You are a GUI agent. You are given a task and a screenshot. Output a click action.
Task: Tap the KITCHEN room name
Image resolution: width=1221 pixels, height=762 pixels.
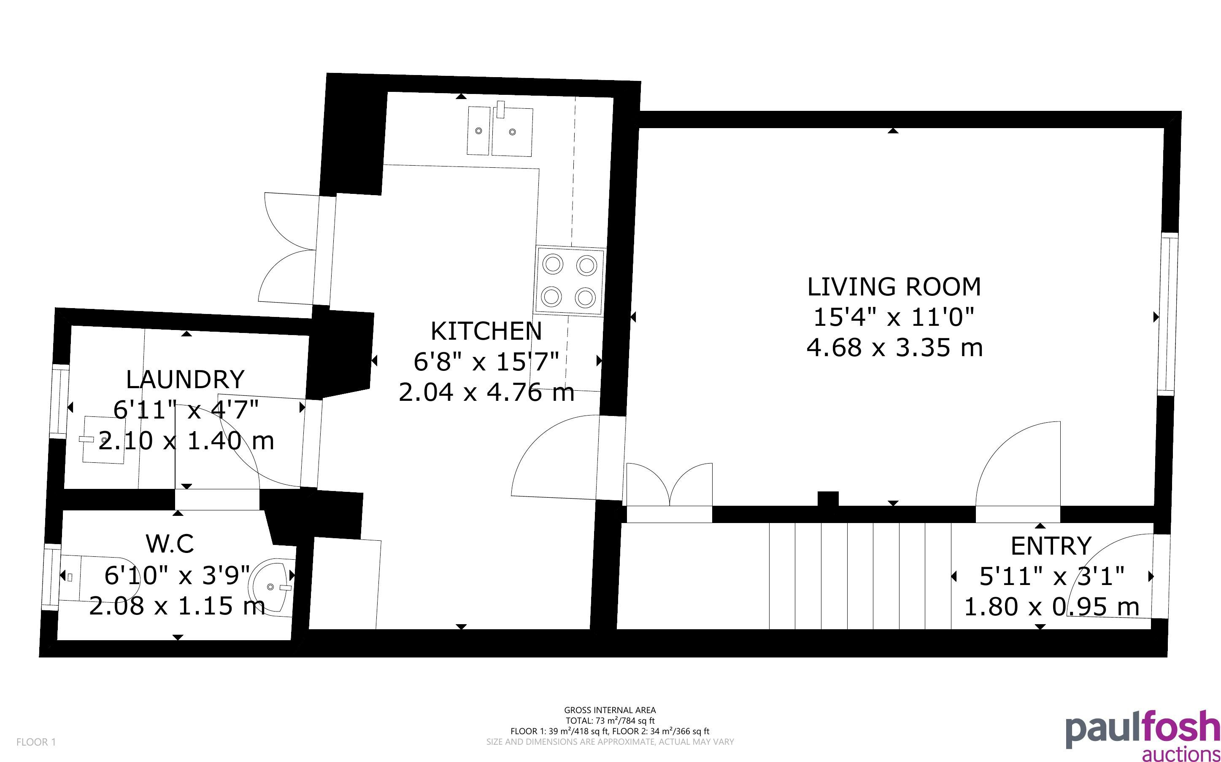pyautogui.click(x=486, y=331)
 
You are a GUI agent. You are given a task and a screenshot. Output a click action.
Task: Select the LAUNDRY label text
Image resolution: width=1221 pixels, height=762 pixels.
pyautogui.click(x=185, y=379)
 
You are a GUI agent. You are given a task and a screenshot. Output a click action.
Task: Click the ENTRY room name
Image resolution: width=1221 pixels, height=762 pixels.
pyautogui.click(x=1051, y=546)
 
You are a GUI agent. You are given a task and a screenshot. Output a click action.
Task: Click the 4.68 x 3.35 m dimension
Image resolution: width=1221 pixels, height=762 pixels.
pyautogui.click(x=895, y=348)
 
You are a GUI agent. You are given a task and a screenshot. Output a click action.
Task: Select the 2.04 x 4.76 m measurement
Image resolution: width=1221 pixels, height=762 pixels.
pyautogui.click(x=486, y=392)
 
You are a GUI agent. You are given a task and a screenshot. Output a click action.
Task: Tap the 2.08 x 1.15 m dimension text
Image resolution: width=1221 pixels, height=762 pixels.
pyautogui.click(x=177, y=605)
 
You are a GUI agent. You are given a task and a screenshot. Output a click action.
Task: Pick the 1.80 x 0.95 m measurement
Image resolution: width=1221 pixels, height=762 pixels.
pyautogui.click(x=1051, y=607)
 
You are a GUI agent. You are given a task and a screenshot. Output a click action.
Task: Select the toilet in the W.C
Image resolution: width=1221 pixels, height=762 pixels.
pyautogui.click(x=96, y=577)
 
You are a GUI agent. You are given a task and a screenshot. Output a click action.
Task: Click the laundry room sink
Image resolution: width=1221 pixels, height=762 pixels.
pyautogui.click(x=104, y=440)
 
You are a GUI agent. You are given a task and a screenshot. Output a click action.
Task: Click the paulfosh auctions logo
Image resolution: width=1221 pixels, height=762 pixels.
pyautogui.click(x=1143, y=735)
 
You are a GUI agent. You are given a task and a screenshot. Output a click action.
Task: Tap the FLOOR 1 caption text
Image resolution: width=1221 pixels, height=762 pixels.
pyautogui.click(x=36, y=742)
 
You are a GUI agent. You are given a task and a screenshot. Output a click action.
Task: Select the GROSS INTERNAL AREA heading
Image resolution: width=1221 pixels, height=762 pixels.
pyautogui.click(x=610, y=710)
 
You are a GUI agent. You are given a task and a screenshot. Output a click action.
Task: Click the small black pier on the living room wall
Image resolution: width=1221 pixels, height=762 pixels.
pyautogui.click(x=828, y=499)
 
